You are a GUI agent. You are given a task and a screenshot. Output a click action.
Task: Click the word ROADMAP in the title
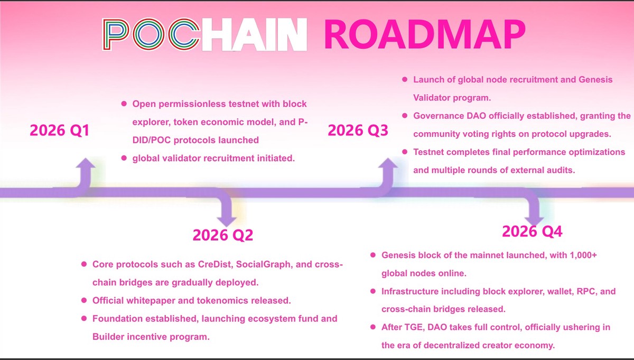[x=425, y=34]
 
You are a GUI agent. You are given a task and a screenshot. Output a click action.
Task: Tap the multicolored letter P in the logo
[x=116, y=34]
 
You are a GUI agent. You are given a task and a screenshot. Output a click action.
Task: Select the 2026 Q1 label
[x=59, y=130]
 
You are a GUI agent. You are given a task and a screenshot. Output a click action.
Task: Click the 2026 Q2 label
[x=223, y=235]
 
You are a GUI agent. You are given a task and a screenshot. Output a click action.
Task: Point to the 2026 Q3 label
[x=358, y=130]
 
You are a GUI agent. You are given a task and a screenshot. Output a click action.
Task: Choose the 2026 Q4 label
[x=532, y=232]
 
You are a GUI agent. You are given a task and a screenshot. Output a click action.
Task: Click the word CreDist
[x=215, y=264]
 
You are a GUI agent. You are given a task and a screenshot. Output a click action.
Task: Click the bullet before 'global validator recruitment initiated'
[x=124, y=158]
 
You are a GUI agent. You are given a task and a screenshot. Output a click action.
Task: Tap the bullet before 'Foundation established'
[x=84, y=318]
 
